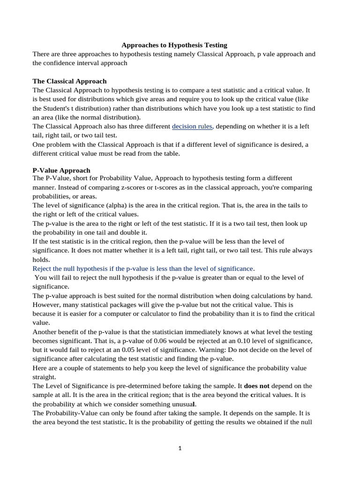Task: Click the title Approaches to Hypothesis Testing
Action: (x=174, y=45)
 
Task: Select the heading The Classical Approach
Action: (x=69, y=81)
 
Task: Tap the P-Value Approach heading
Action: (x=61, y=170)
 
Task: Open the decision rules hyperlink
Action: (x=192, y=126)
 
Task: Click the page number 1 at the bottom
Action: (x=180, y=448)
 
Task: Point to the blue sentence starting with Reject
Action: (x=143, y=268)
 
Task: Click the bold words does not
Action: (x=257, y=386)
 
